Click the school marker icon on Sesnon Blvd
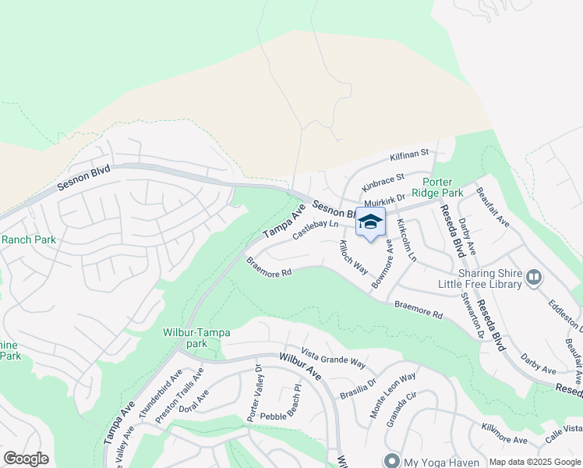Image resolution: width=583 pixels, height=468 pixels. [x=370, y=221]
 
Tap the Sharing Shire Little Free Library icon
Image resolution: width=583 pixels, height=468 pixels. [x=534, y=277]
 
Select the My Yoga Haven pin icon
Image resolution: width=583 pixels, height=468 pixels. [x=392, y=460]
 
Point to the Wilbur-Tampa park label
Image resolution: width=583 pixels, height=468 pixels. [x=196, y=338]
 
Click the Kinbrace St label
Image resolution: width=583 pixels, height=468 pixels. [x=383, y=183]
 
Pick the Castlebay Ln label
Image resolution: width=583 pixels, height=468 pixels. [x=316, y=229]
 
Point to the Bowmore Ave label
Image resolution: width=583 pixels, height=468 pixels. [x=383, y=264]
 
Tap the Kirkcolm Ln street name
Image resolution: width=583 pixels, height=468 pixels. [x=408, y=240]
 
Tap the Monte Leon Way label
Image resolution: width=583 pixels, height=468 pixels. [x=394, y=396]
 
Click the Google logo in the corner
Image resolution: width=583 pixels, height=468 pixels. [x=26, y=459]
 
